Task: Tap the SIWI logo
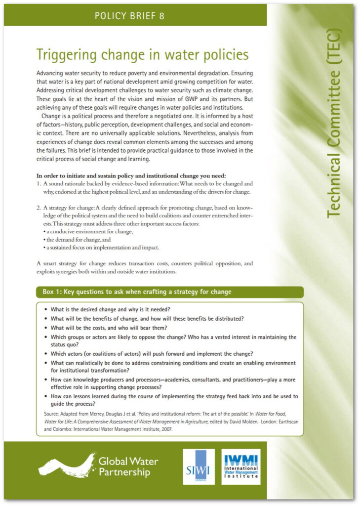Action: (x=199, y=466)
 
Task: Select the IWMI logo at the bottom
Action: (x=240, y=466)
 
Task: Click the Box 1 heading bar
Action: (x=169, y=292)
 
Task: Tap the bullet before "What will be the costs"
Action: (x=46, y=328)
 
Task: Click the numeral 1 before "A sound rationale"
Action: (x=39, y=184)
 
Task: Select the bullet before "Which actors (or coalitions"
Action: (x=46, y=354)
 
